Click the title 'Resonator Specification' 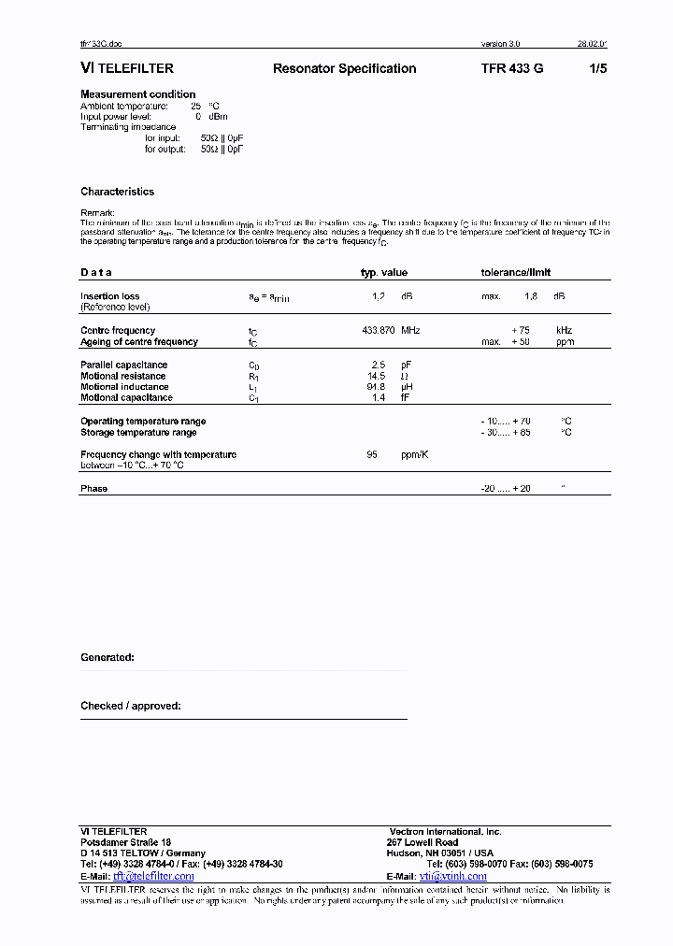pyautogui.click(x=344, y=68)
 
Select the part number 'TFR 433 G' pyautogui.click(x=512, y=68)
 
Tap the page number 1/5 pyautogui.click(x=598, y=68)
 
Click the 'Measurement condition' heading pyautogui.click(x=138, y=94)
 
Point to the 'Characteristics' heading pyautogui.click(x=118, y=192)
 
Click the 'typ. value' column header pyautogui.click(x=384, y=272)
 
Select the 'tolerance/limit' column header pyautogui.click(x=515, y=272)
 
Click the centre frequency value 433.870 pyautogui.click(x=379, y=330)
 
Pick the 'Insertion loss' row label pyautogui.click(x=110, y=296)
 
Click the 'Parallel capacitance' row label pyautogui.click(x=124, y=365)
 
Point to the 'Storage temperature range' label pyautogui.click(x=138, y=432)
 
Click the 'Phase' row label pyautogui.click(x=93, y=488)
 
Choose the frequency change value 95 pyautogui.click(x=372, y=454)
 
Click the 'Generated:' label pyautogui.click(x=107, y=657)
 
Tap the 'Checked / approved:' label pyautogui.click(x=131, y=706)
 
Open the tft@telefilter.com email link pyautogui.click(x=153, y=876)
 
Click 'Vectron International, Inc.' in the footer pyautogui.click(x=446, y=831)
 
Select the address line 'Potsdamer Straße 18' pyautogui.click(x=126, y=842)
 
